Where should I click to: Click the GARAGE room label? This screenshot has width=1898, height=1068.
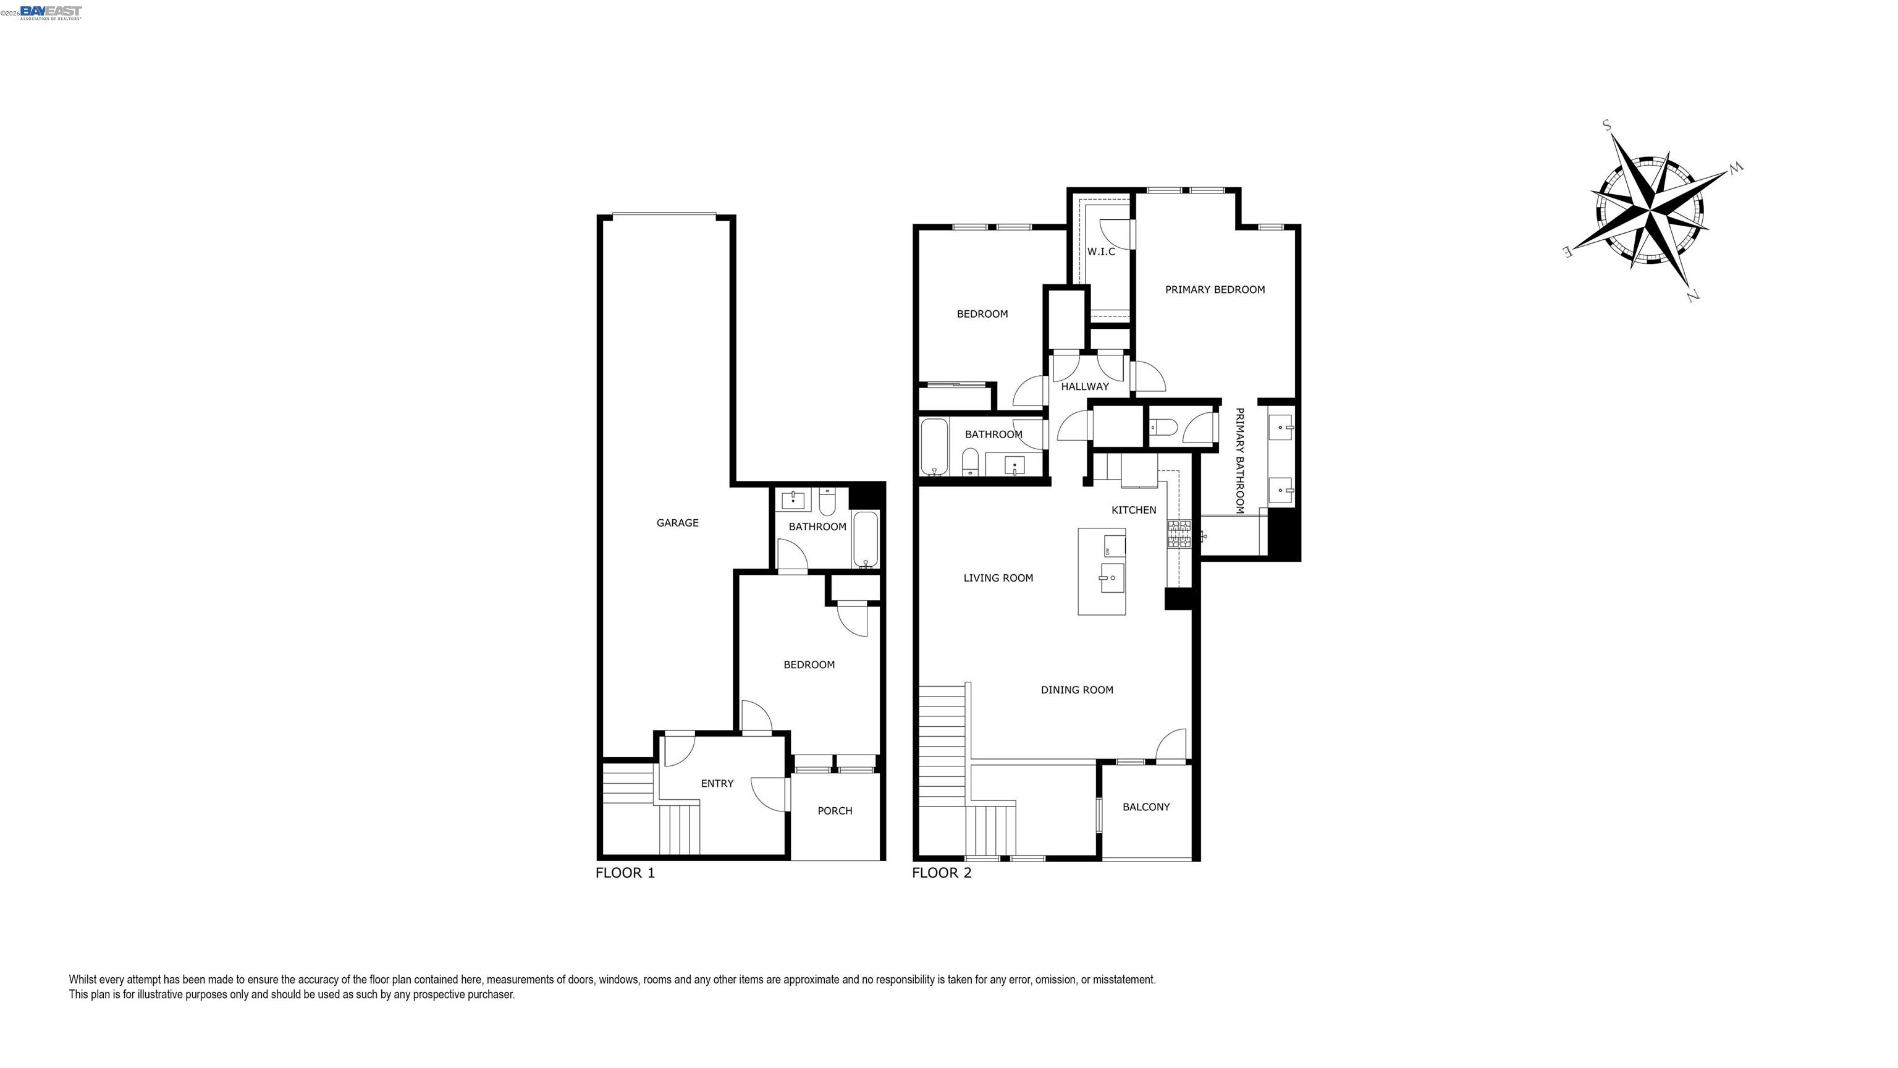[x=677, y=523]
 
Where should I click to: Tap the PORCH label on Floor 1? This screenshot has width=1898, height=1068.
[x=835, y=811]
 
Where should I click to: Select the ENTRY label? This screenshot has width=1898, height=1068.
[x=717, y=784]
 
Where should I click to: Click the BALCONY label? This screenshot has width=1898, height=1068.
[x=1145, y=807]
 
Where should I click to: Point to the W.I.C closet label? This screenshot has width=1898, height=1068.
[x=1101, y=252]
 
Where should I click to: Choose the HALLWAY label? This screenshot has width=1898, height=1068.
[x=1084, y=387]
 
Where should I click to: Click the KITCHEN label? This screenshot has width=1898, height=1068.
[x=1134, y=510]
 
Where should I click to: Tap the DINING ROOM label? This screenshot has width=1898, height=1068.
[x=1076, y=690]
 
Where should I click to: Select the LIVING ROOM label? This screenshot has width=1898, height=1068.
[x=998, y=578]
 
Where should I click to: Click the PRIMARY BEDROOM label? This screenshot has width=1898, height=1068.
[x=1215, y=290]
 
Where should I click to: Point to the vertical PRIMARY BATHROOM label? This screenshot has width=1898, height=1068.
[x=1239, y=460]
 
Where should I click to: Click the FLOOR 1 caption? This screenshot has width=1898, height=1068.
[x=625, y=873]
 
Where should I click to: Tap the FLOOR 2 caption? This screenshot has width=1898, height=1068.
[x=942, y=873]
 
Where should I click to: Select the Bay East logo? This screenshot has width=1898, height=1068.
[x=51, y=12]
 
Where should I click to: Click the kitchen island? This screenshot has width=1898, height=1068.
[x=1102, y=571]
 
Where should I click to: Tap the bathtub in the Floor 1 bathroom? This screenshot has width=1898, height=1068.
[x=866, y=540]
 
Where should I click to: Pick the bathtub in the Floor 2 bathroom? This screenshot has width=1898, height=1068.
[x=934, y=447]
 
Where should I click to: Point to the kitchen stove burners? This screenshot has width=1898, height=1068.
[x=1178, y=533]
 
